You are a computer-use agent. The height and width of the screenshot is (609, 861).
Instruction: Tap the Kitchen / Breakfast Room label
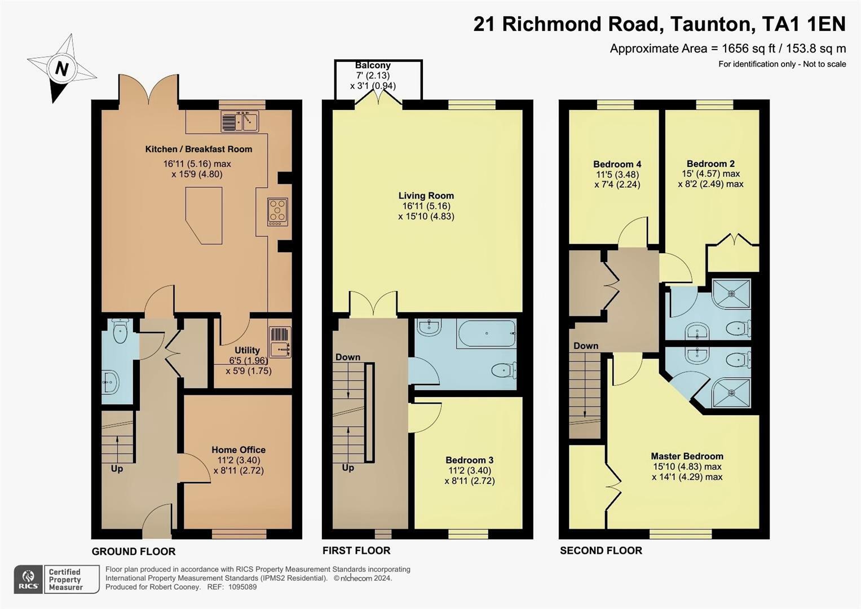pos(198,149)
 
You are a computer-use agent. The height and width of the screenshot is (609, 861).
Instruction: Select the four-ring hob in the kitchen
pos(277,212)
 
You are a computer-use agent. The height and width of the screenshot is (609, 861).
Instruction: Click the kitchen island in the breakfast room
pos(204,215)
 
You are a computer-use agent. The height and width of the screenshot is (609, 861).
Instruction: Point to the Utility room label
pos(247,350)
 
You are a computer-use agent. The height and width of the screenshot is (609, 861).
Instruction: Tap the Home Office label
pos(239,450)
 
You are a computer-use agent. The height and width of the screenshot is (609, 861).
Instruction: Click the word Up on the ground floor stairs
pos(117,469)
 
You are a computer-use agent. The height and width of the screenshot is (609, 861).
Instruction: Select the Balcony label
pos(373,65)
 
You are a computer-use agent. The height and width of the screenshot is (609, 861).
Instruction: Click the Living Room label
pos(426,196)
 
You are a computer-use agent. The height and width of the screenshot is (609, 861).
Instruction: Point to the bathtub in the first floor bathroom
pos(486,334)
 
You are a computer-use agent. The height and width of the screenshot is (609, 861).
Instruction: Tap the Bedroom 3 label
pos(470,460)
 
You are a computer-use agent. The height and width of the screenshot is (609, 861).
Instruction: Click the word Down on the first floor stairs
pos(348,357)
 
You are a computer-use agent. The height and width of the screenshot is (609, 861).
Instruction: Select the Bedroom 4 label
pos(617,164)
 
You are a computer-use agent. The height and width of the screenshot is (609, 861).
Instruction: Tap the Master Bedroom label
pos(687,456)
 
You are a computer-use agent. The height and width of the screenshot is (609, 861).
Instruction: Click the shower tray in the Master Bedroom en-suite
pos(731,392)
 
